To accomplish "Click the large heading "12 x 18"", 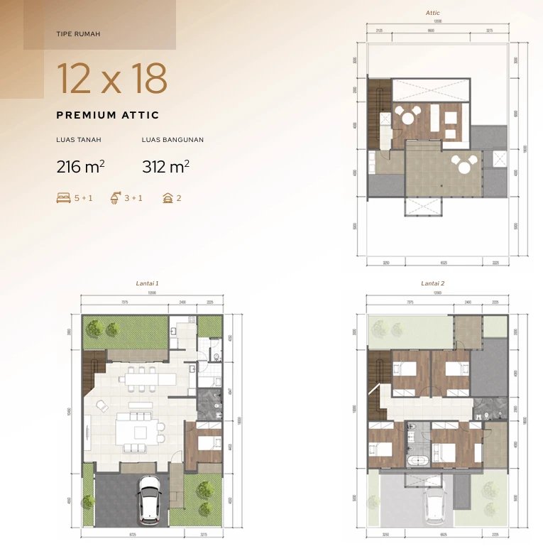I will point(111,79).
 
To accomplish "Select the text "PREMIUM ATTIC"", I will point(107,115).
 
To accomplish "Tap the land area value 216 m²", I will point(80,168).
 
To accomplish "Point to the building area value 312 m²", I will point(165,168).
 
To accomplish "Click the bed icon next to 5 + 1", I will point(63,198).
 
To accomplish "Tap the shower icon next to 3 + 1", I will point(114,198).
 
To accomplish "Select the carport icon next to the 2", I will point(168,198).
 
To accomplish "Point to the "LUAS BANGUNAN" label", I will point(172,140).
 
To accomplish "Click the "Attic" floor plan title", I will point(433,13).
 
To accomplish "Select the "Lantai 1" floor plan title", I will point(147,283).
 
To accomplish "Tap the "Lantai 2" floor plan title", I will point(432,283).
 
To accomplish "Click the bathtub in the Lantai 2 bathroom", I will point(417,461).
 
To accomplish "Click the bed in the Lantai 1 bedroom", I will point(206,442).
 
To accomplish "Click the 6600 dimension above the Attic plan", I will point(431,31).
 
